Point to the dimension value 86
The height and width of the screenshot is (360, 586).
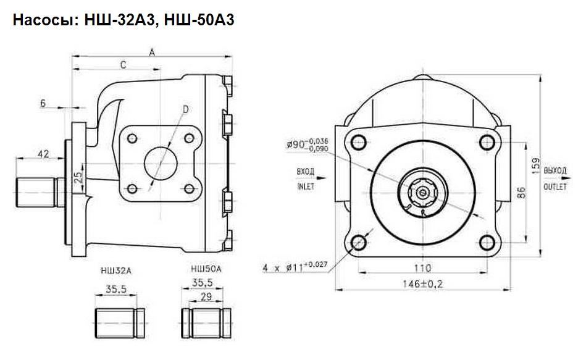[521, 192]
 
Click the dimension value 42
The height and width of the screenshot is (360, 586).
[43, 154]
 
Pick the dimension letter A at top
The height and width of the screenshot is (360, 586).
[151, 52]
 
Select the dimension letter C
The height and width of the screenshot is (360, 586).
[123, 64]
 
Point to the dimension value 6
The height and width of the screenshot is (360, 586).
[43, 103]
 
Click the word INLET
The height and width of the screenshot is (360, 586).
[306, 186]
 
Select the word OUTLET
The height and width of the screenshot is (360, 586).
[555, 186]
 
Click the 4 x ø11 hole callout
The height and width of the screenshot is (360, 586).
[293, 267]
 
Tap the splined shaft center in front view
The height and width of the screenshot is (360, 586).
[422, 193]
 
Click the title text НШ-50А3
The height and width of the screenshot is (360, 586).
[197, 20]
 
